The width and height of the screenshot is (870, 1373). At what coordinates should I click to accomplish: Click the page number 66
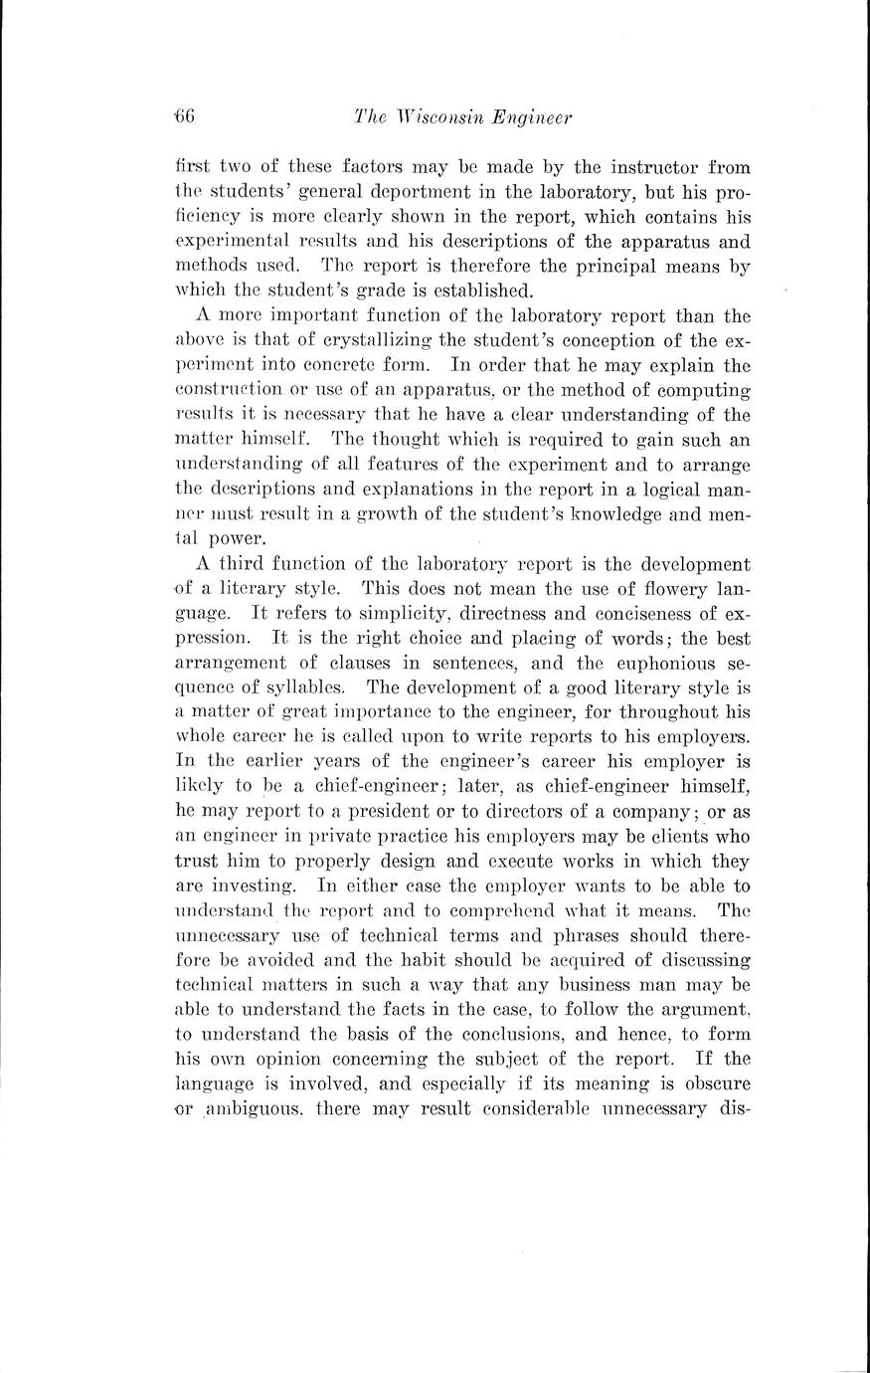pos(183,116)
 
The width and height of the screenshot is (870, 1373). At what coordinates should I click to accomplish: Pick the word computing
pos(704,389)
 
